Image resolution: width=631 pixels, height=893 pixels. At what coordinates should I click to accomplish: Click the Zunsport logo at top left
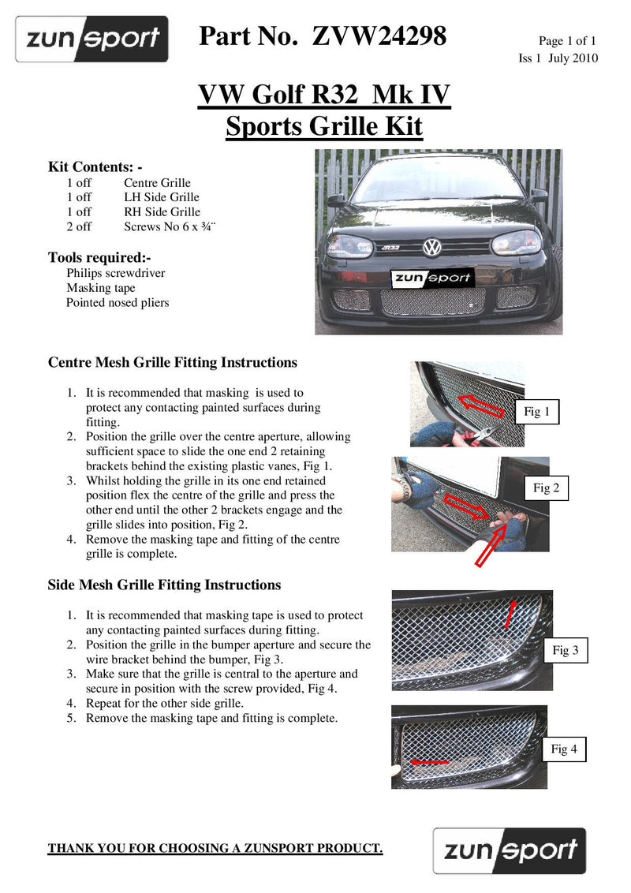click(92, 39)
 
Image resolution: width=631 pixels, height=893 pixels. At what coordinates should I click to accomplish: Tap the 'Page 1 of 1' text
click(567, 41)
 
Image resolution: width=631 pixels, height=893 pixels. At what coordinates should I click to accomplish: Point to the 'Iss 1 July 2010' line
click(558, 58)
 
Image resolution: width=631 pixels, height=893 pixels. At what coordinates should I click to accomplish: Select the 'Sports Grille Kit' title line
click(324, 126)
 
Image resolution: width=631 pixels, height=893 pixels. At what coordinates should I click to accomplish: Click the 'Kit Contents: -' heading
click(95, 167)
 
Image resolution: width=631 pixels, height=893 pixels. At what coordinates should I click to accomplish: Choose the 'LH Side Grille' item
click(162, 197)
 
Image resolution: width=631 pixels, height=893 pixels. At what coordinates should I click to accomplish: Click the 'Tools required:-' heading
click(99, 257)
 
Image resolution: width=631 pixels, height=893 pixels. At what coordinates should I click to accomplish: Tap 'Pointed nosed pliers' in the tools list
click(118, 302)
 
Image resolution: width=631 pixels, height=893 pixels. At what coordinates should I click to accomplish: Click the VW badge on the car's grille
click(431, 248)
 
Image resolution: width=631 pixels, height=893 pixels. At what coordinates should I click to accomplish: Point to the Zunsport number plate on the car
click(431, 277)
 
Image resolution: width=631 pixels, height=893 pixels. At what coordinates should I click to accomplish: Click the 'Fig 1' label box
click(536, 412)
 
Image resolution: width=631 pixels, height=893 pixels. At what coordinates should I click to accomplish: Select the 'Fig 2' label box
click(546, 488)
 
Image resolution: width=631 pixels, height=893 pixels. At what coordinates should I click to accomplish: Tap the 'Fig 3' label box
click(565, 650)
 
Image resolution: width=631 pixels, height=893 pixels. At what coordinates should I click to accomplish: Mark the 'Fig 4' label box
click(563, 749)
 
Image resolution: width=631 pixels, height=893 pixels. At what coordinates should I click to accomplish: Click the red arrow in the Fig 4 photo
click(430, 763)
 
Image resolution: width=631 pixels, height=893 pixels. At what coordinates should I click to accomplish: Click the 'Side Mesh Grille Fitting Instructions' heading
click(164, 585)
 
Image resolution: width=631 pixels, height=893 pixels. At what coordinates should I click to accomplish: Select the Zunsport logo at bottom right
click(510, 851)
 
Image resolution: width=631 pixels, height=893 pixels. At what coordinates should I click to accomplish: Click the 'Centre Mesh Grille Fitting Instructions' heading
click(173, 363)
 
